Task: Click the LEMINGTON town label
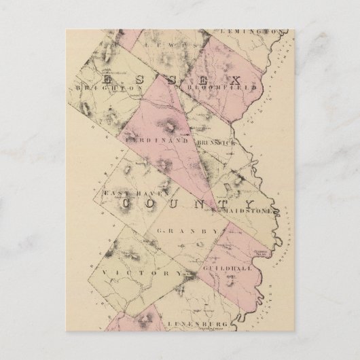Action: point(251,32)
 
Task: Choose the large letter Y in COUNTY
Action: point(247,204)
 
